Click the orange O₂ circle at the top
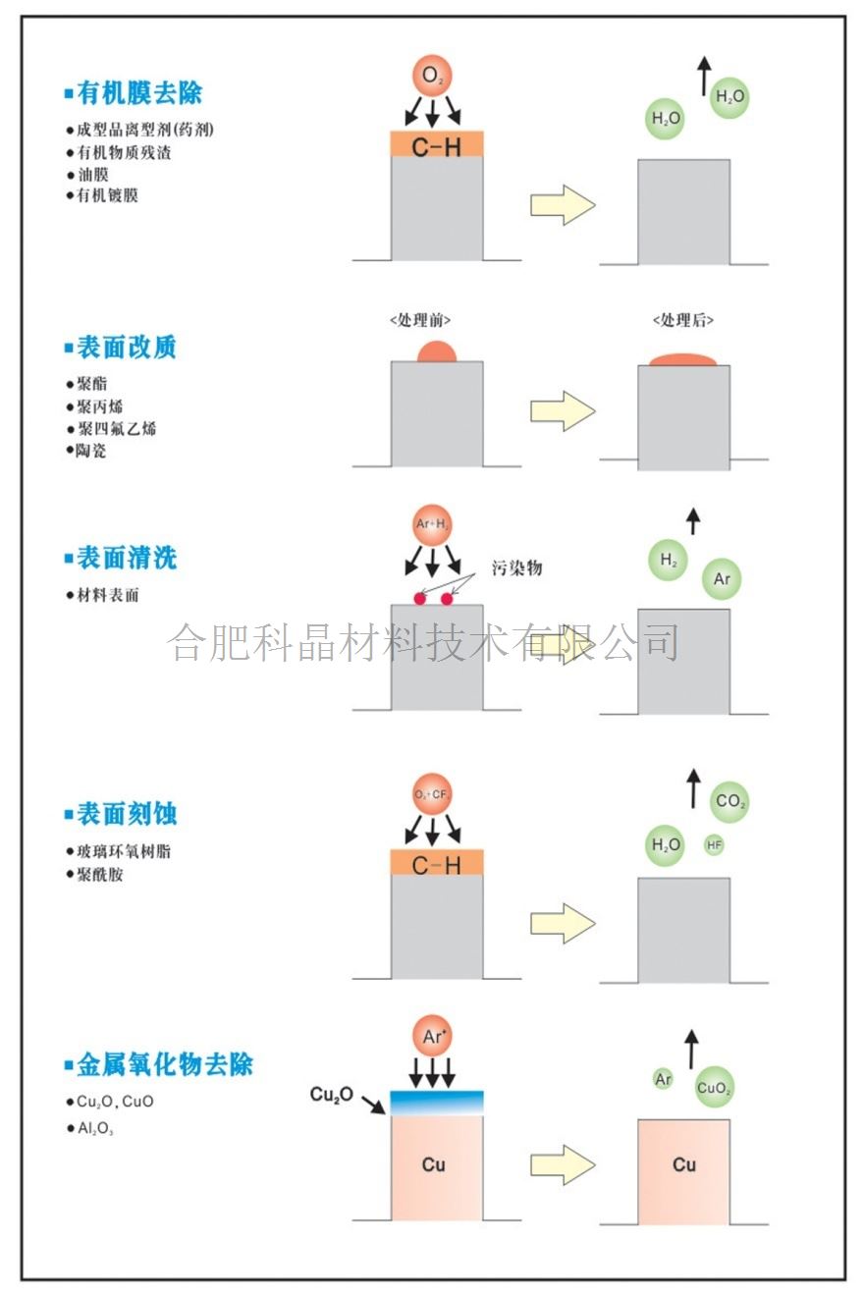(x=432, y=76)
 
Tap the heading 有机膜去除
(x=139, y=93)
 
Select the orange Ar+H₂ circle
(x=432, y=524)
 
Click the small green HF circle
(x=714, y=845)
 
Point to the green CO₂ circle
(x=729, y=801)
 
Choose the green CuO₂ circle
(x=714, y=1088)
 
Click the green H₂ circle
(x=668, y=560)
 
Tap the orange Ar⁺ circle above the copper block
(x=432, y=1036)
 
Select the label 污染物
(x=517, y=567)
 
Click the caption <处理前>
(x=420, y=320)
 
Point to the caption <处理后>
(x=683, y=320)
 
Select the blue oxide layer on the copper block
(x=437, y=1103)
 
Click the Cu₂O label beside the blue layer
(x=332, y=1095)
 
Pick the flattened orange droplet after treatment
(x=683, y=360)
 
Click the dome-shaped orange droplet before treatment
(x=437, y=351)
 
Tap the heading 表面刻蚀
(x=127, y=814)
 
